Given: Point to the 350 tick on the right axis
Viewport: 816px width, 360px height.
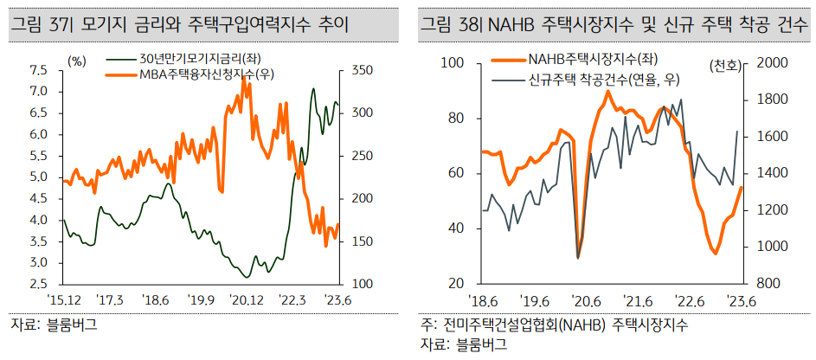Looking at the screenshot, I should click(x=360, y=70).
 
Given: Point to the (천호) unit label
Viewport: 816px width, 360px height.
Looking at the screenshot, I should click(x=724, y=67).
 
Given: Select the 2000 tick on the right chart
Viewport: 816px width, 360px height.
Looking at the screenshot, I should click(x=773, y=63).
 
